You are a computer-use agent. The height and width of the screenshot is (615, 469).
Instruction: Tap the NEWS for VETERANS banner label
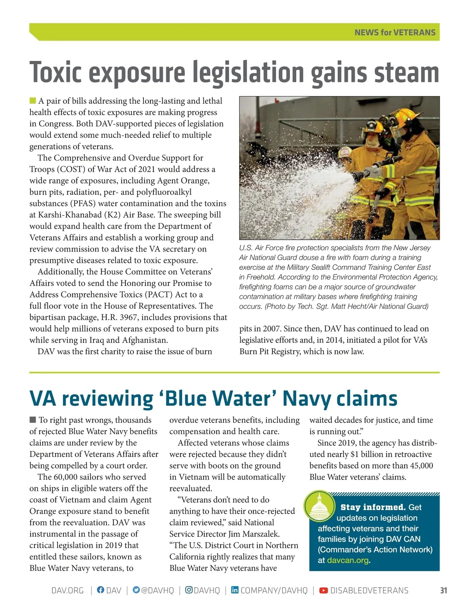point(395,32)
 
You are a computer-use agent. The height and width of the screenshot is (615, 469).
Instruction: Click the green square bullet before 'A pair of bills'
point(33,101)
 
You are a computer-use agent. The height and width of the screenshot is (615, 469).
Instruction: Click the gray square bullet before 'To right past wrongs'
point(33,420)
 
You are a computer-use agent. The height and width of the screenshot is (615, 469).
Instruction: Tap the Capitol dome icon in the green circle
point(319,506)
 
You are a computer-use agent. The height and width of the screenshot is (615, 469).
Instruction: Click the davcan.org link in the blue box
point(347,560)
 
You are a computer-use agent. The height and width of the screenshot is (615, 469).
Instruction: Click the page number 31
point(443,590)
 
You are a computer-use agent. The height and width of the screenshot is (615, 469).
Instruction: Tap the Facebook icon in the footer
point(100,590)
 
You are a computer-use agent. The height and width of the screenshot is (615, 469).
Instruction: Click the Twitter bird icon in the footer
point(136,590)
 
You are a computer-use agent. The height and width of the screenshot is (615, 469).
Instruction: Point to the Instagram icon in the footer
point(189,590)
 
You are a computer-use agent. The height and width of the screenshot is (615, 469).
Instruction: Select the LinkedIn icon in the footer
point(234,590)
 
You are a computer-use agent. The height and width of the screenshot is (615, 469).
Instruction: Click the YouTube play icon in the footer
point(324,590)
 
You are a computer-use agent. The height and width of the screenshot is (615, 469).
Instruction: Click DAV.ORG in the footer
point(68,590)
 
